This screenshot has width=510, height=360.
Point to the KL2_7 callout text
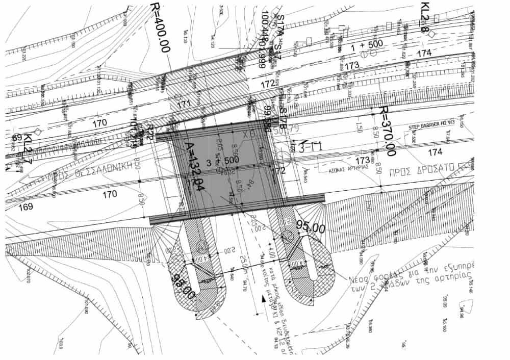(28, 148)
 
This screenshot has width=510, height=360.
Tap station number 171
(184, 104)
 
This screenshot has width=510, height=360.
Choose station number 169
(25, 207)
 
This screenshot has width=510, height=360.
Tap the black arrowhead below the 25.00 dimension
(262, 300)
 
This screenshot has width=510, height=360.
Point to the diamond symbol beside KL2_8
(431, 33)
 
